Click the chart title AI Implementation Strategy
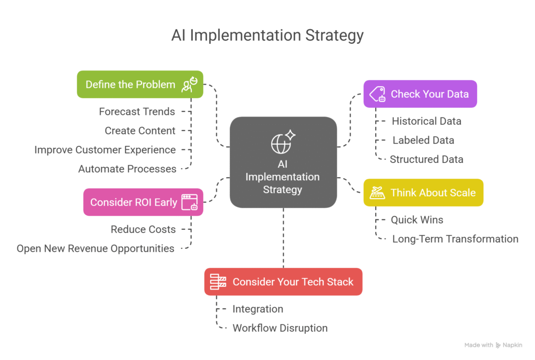click(267, 36)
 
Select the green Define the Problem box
click(140, 84)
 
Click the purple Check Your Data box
click(420, 94)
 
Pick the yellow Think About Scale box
click(424, 192)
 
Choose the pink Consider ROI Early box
click(143, 202)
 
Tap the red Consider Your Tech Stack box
click(283, 282)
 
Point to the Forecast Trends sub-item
click(137, 111)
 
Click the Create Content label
click(140, 131)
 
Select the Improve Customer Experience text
click(105, 150)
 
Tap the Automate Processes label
click(127, 169)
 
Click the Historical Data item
click(426, 121)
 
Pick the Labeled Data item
click(423, 140)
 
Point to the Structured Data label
click(426, 159)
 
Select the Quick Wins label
click(417, 220)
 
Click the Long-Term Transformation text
click(455, 239)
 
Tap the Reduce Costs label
click(143, 229)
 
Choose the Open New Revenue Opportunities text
click(96, 249)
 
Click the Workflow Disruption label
click(280, 328)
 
